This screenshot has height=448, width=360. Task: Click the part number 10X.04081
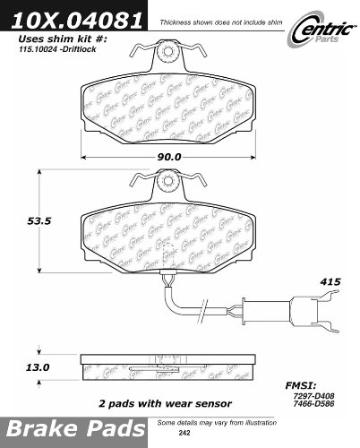click(x=76, y=19)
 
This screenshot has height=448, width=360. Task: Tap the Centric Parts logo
click(x=321, y=30)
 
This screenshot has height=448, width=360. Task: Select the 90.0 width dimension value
click(x=169, y=157)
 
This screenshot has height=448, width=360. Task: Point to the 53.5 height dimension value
click(x=39, y=221)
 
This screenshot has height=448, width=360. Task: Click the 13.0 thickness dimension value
click(x=38, y=367)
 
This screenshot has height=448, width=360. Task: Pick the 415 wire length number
click(x=330, y=281)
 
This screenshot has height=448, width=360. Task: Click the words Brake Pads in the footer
click(x=75, y=429)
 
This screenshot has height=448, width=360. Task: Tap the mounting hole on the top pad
click(x=167, y=52)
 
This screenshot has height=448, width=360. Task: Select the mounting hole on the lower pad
click(x=167, y=180)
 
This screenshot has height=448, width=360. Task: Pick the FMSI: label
click(x=301, y=385)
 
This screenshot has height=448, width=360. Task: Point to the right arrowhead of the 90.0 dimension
click(x=253, y=157)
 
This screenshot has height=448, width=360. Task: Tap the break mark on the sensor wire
click(x=202, y=311)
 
